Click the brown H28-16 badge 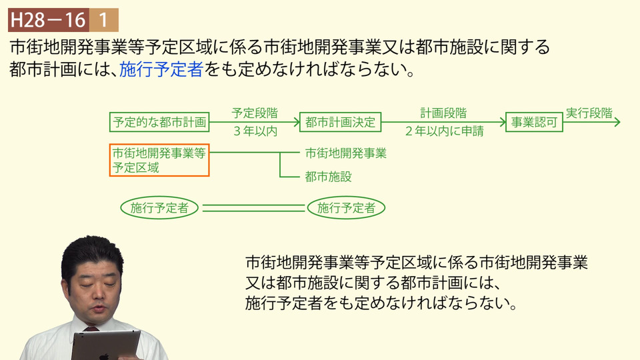tap(49, 19)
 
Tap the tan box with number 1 tap(104, 19)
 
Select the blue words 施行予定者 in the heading tap(161, 69)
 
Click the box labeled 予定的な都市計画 tap(159, 122)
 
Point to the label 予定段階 tap(255, 113)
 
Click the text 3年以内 tap(255, 131)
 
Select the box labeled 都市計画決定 tap(341, 122)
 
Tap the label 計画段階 tap(444, 113)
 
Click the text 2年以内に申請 tap(445, 131)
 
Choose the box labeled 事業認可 tap(534, 122)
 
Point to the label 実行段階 tap(589, 113)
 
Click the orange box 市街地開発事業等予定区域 tap(159, 160)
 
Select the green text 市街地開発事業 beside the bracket tap(346, 153)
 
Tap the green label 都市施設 tap(328, 177)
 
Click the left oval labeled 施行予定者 tap(159, 208)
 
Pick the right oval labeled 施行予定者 tap(346, 208)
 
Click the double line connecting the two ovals tap(253, 208)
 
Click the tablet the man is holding tap(105, 345)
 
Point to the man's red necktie tap(91, 329)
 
